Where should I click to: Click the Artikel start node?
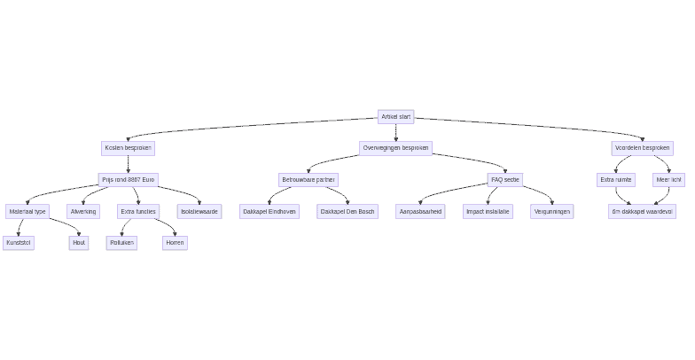(395, 117)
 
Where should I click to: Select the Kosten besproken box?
(128, 148)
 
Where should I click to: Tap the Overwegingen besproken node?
(395, 148)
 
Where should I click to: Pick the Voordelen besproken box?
(642, 148)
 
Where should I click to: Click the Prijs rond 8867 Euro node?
(128, 180)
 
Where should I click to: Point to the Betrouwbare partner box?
(308, 180)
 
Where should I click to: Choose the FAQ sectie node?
(505, 180)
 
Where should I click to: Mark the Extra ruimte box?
(616, 180)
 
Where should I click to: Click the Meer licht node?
(668, 180)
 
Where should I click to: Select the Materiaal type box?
(27, 212)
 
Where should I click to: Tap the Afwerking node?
(83, 212)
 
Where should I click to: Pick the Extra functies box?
(138, 212)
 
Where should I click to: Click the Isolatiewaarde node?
(199, 212)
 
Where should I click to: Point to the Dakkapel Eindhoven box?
(269, 212)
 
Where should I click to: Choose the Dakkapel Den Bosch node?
(347, 212)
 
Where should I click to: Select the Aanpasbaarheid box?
(420, 212)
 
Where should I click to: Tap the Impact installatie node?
(488, 212)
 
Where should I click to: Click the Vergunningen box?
(551, 212)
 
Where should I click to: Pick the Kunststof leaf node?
(19, 243)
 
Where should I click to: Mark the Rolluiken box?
(121, 243)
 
